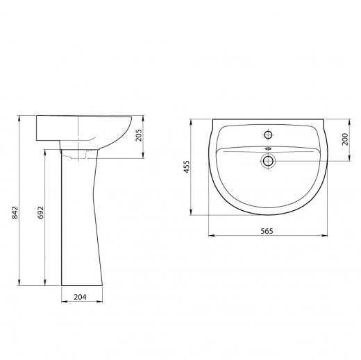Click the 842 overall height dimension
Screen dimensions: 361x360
(x=15, y=212)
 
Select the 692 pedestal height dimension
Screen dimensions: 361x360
(x=40, y=212)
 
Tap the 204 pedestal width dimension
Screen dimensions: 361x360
(x=80, y=297)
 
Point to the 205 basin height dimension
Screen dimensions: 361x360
(x=139, y=135)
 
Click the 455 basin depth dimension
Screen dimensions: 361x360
(x=187, y=166)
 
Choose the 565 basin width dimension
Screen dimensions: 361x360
(x=267, y=231)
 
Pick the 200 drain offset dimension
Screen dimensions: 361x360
(x=345, y=139)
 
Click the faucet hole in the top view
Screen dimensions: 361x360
(x=268, y=135)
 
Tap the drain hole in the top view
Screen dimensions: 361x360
(x=268, y=161)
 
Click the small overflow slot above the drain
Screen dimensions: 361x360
(x=268, y=148)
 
